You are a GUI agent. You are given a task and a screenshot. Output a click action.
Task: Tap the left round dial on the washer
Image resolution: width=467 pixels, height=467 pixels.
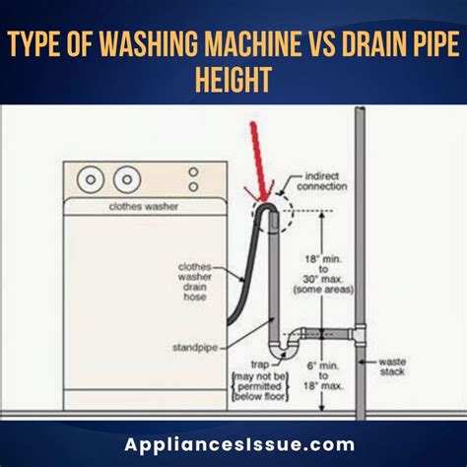tap(92, 180)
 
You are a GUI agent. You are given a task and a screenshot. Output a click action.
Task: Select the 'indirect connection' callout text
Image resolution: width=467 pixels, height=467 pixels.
tap(325, 180)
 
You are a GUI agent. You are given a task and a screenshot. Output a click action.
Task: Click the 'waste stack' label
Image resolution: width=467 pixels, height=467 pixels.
tap(393, 367)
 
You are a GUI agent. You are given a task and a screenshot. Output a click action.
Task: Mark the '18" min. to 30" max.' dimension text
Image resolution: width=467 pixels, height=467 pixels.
tap(325, 271)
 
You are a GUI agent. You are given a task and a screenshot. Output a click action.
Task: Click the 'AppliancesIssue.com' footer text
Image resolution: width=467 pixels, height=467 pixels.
tap(233, 443)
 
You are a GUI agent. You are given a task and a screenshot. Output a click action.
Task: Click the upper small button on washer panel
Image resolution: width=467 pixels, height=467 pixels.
tap(192, 171)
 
